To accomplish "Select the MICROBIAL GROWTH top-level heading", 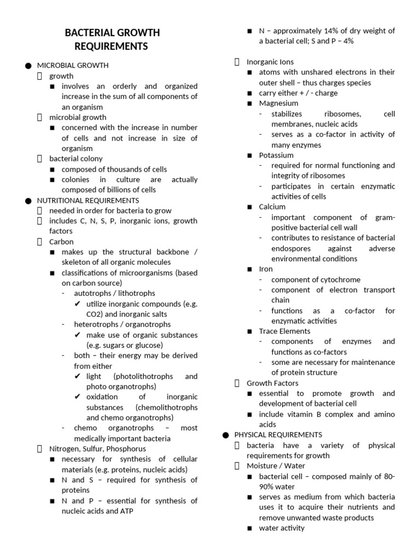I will click(72, 66).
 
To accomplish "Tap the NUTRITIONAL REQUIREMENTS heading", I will click(87, 201).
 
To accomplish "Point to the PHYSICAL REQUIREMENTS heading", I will click(278, 435).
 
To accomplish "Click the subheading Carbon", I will click(61, 242).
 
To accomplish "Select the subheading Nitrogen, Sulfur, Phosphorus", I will click(97, 449).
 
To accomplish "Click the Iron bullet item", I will click(266, 269).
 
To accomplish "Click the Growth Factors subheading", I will click(272, 383).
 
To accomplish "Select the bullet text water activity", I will click(282, 528).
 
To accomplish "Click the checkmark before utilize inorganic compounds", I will click(78, 304).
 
